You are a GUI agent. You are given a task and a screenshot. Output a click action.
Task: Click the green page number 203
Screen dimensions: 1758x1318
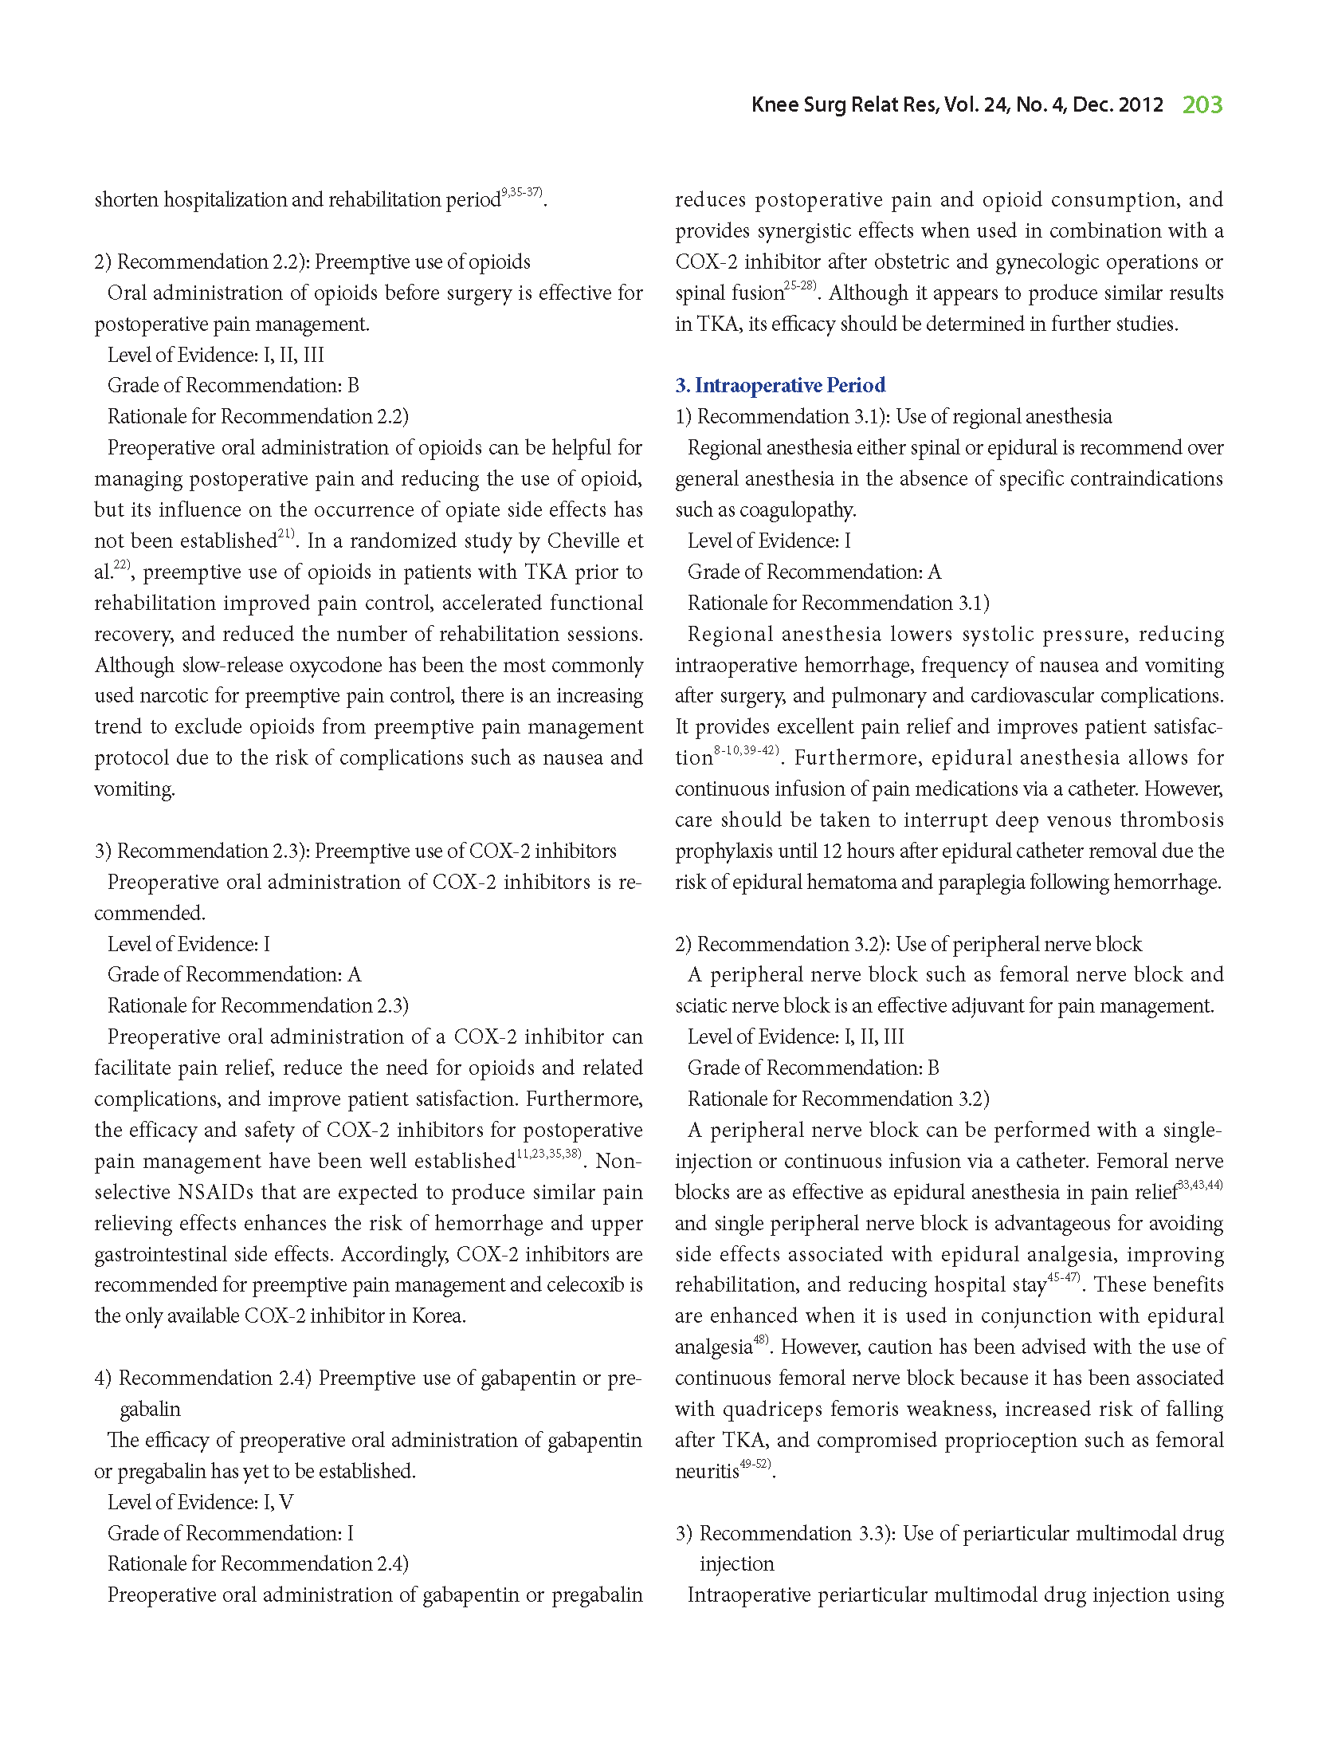[x=1202, y=105]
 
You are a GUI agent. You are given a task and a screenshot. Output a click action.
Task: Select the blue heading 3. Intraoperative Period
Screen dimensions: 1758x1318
[x=780, y=386]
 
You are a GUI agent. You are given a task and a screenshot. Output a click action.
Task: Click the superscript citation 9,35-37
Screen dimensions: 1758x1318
[x=522, y=193]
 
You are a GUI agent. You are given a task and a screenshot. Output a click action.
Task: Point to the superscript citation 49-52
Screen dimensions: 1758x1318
[x=755, y=1465]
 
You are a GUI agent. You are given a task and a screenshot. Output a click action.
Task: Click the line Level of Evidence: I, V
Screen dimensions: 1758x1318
[x=200, y=1503]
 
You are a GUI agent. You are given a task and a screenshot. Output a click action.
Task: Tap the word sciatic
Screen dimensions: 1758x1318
[x=700, y=1006]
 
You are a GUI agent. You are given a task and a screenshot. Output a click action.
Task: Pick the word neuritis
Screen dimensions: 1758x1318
[x=707, y=1472]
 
